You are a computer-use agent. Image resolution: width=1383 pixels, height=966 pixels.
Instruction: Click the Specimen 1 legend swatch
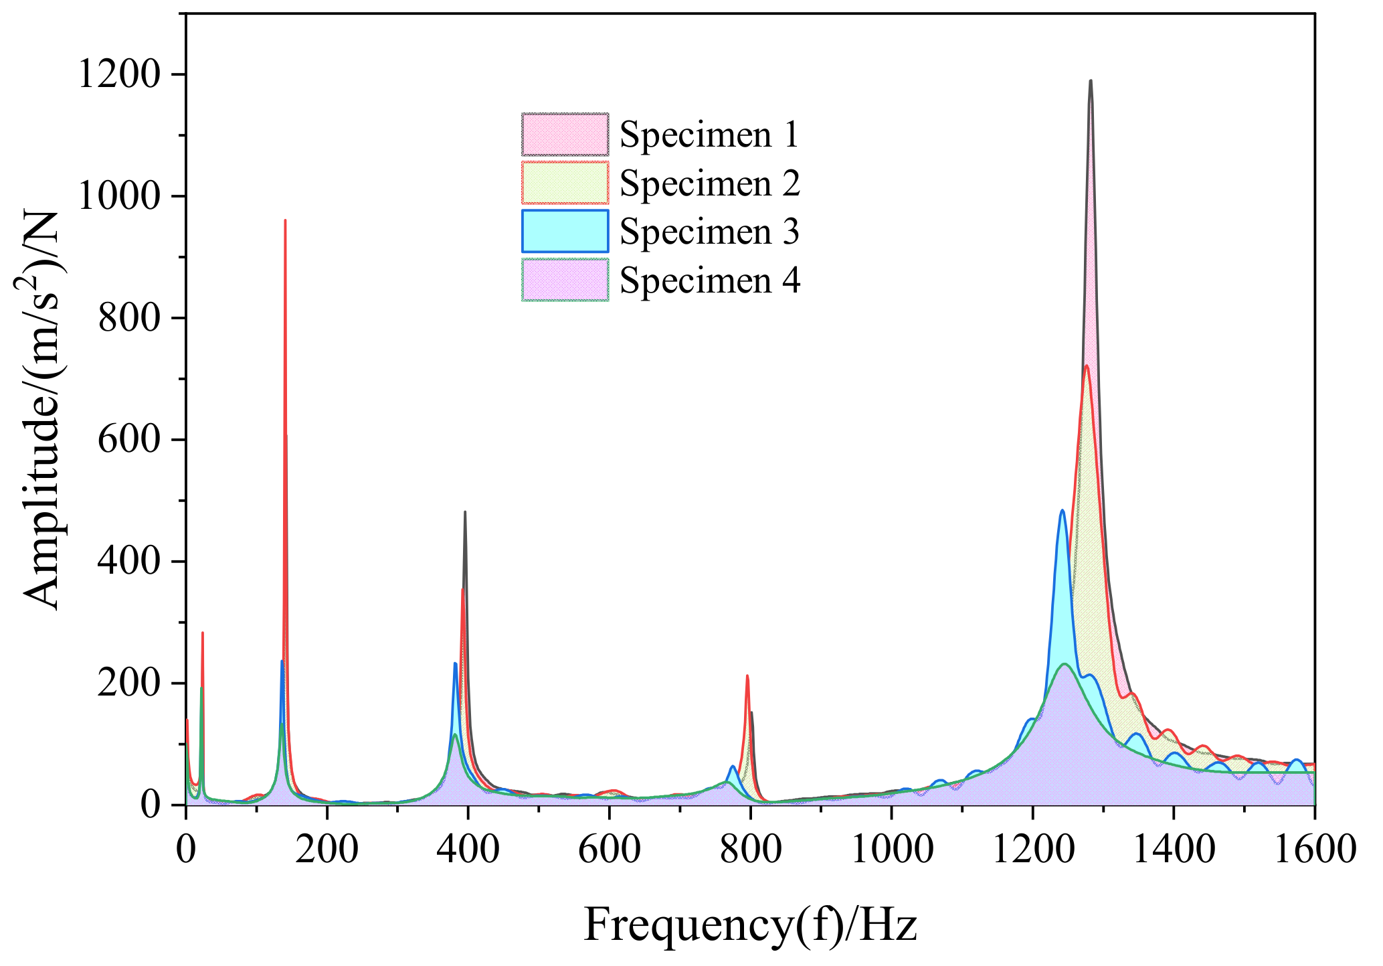pyautogui.click(x=565, y=135)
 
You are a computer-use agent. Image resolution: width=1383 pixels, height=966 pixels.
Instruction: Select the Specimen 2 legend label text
pyautogui.click(x=709, y=183)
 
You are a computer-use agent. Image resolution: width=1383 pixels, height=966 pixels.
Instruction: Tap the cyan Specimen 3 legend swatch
pyautogui.click(x=565, y=231)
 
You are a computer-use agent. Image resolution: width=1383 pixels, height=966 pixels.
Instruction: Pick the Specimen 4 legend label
pyautogui.click(x=709, y=280)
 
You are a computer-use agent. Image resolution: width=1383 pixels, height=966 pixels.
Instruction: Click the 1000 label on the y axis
pyautogui.click(x=120, y=196)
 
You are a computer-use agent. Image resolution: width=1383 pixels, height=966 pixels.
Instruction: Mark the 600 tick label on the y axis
pyautogui.click(x=130, y=440)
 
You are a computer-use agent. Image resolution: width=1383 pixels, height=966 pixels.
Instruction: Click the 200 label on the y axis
pyautogui.click(x=130, y=683)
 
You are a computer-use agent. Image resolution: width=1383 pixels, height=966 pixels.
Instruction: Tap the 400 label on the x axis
pyautogui.click(x=468, y=850)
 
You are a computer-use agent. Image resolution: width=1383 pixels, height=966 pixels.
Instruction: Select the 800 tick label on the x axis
pyautogui.click(x=750, y=850)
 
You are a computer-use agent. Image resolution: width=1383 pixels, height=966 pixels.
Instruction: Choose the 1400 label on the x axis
pyautogui.click(x=1174, y=850)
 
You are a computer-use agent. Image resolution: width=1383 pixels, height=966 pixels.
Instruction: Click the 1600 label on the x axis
pyautogui.click(x=1314, y=850)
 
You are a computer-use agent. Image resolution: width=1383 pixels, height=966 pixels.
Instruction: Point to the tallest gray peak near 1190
pyautogui.click(x=1091, y=82)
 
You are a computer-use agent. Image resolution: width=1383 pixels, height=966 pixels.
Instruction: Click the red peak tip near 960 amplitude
pyautogui.click(x=285, y=221)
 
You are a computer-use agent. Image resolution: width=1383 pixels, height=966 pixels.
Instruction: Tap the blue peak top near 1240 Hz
pyautogui.click(x=1062, y=511)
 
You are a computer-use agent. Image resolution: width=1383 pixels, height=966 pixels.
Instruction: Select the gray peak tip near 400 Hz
pyautogui.click(x=465, y=513)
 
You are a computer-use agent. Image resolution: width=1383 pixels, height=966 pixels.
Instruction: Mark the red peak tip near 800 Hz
pyautogui.click(x=747, y=676)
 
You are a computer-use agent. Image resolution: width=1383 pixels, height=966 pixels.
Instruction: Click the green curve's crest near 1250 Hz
pyautogui.click(x=1065, y=664)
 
